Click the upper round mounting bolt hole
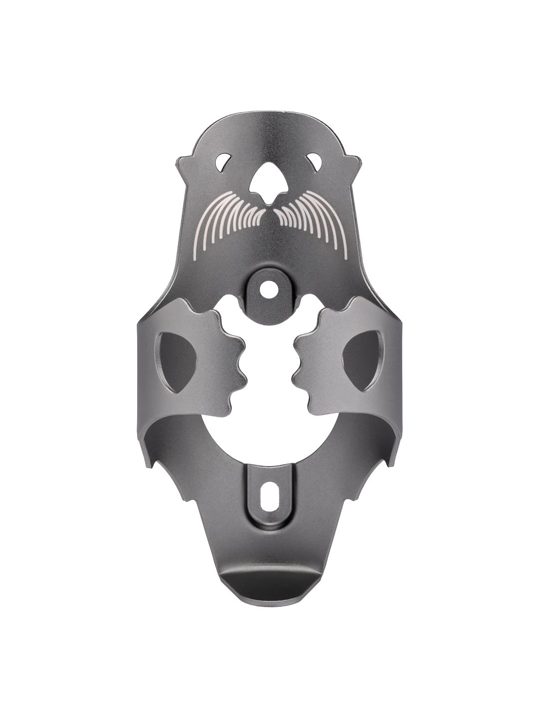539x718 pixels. (269, 287)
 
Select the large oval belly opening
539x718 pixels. (269, 444)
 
